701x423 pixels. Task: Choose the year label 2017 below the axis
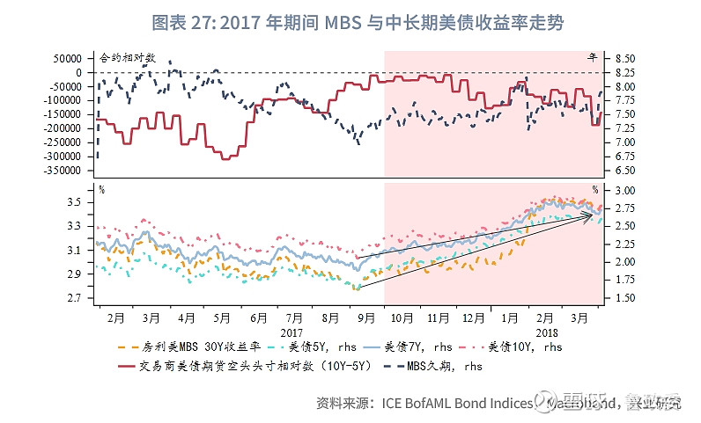tap(291, 333)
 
